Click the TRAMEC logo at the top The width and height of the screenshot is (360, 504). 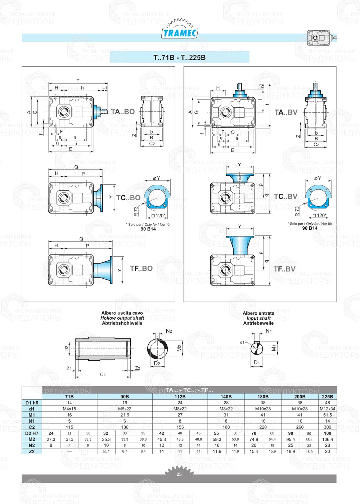(180, 33)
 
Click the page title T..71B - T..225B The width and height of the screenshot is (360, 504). (179, 58)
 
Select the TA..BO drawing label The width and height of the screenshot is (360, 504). (123, 112)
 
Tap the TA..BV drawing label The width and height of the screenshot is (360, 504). (286, 113)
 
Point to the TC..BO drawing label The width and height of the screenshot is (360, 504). (128, 198)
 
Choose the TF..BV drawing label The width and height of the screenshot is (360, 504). (284, 269)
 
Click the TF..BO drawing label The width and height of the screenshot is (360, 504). (141, 269)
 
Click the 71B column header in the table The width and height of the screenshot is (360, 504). (69, 397)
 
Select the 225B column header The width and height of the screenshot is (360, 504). (327, 397)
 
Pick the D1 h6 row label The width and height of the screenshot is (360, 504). (32, 403)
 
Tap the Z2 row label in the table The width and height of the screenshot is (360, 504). (32, 451)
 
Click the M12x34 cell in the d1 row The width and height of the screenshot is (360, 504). (327, 409)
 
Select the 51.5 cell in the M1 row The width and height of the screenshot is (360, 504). (327, 415)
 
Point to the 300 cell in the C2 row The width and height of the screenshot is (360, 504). (327, 427)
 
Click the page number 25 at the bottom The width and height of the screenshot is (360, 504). (179, 474)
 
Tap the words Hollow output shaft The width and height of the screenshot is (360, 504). (122, 318)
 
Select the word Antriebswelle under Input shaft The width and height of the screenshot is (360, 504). (258, 323)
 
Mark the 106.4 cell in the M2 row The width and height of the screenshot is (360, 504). (327, 440)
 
